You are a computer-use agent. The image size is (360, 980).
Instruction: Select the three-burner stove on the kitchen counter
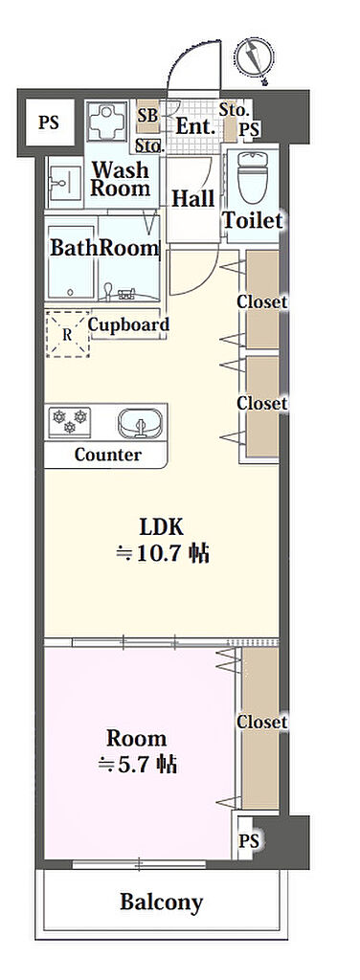[70, 422]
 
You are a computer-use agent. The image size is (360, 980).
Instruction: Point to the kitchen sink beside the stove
[140, 423]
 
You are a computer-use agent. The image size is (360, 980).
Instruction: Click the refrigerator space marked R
[67, 334]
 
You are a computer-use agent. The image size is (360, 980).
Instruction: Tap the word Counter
[108, 455]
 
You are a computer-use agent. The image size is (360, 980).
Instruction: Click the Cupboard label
[128, 325]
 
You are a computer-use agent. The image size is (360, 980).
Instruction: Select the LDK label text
[161, 527]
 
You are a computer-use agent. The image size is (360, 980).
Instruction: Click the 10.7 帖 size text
[162, 553]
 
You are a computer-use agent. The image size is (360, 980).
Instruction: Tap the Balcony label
[161, 902]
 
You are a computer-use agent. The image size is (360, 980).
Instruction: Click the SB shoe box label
[148, 115]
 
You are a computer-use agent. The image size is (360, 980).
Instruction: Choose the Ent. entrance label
[195, 126]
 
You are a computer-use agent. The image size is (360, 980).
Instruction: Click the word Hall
[193, 199]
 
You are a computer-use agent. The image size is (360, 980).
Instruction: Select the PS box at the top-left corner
[49, 122]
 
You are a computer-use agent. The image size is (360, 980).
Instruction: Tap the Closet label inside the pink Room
[262, 722]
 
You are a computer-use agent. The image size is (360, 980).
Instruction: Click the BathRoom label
[103, 248]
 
